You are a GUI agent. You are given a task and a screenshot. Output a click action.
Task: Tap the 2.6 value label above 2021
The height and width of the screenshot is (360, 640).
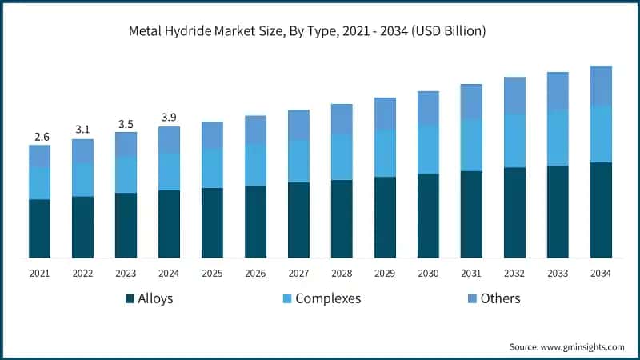(x=39, y=137)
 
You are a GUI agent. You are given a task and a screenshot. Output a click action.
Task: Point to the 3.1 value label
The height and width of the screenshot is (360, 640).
(x=82, y=130)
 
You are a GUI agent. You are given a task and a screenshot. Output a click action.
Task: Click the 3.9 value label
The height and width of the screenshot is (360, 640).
(x=169, y=118)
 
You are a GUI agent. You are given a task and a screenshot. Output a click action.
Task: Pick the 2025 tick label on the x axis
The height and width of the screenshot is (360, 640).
(x=212, y=273)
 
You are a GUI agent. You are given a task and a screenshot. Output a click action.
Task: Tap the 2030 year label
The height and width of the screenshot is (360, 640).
(x=428, y=273)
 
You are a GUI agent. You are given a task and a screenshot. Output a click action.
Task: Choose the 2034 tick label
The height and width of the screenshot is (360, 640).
(x=601, y=273)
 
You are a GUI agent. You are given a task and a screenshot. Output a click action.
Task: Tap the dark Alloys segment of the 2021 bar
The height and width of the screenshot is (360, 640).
(x=39, y=228)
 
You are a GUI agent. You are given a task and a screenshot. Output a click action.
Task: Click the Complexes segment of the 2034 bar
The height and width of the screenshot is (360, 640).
(x=601, y=134)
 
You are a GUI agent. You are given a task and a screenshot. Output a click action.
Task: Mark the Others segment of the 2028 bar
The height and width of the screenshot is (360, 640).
(x=342, y=119)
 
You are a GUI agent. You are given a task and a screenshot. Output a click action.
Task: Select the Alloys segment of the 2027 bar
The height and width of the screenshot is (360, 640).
(x=298, y=220)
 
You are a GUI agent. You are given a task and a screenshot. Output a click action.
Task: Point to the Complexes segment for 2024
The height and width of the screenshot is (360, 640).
(x=169, y=171)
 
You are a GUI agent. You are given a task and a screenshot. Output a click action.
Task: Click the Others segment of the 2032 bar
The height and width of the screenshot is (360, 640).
(x=514, y=96)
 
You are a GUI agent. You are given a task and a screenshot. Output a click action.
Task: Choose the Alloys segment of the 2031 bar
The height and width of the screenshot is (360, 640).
(x=471, y=214)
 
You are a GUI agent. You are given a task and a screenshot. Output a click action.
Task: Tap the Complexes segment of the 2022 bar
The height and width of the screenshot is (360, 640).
(x=82, y=180)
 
